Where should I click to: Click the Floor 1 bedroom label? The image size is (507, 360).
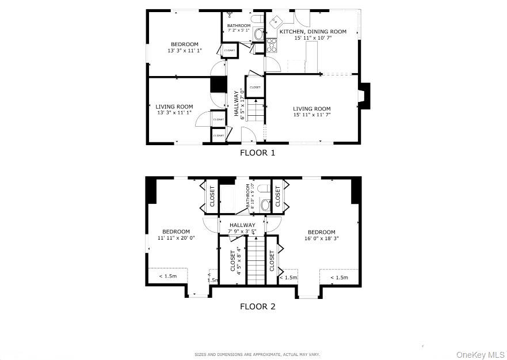184,44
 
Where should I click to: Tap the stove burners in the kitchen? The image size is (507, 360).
272,46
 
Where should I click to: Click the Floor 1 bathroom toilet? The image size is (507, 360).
257,20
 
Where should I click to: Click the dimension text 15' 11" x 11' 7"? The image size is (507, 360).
311,115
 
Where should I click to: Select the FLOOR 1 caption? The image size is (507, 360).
257,153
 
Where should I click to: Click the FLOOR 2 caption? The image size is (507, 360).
257,306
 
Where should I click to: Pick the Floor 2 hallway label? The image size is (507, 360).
242,225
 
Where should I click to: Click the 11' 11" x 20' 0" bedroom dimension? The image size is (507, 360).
176,237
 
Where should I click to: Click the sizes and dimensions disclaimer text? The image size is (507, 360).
257,355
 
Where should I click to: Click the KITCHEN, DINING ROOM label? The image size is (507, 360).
312,32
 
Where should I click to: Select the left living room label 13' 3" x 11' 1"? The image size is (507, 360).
174,113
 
